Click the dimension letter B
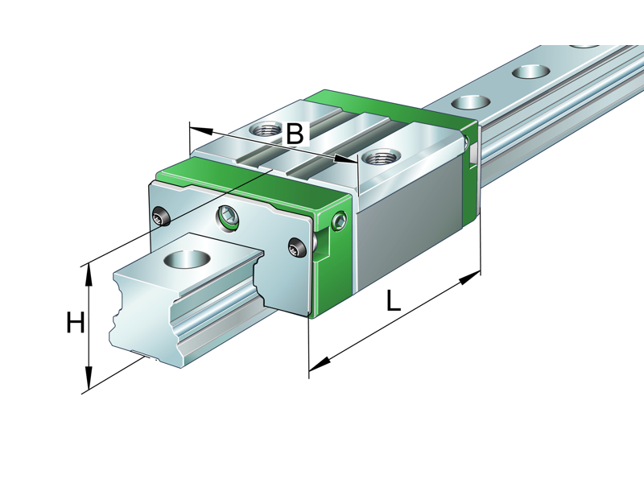click(x=295, y=134)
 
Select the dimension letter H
click(x=75, y=324)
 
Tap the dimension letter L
click(x=392, y=301)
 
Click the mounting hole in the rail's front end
click(x=188, y=259)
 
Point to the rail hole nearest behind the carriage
click(x=471, y=102)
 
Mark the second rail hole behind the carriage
click(x=528, y=72)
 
